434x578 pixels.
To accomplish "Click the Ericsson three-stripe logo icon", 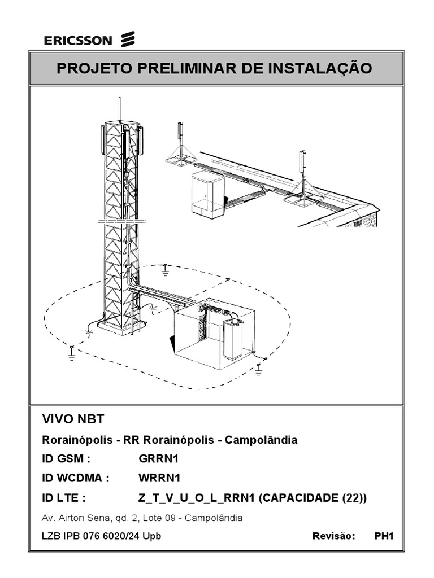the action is pyautogui.click(x=128, y=40).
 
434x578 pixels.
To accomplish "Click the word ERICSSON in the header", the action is pyautogui.click(x=79, y=40).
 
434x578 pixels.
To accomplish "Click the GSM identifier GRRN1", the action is pyautogui.click(x=159, y=459).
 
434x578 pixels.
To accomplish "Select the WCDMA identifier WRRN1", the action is pyautogui.click(x=159, y=479).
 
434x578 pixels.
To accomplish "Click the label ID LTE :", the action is pyautogui.click(x=64, y=498).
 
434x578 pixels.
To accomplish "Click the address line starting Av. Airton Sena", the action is pyautogui.click(x=142, y=518).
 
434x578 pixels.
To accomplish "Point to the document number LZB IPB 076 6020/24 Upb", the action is pyautogui.click(x=101, y=536).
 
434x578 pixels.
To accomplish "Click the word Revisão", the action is pyautogui.click(x=333, y=536).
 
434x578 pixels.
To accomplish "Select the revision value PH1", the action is pyautogui.click(x=383, y=536).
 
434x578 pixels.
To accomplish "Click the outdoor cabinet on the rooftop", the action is pyautogui.click(x=207, y=194).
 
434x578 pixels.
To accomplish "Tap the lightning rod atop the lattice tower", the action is pyautogui.click(x=120, y=108).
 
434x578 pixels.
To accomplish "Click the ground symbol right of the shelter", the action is pyautogui.click(x=259, y=368).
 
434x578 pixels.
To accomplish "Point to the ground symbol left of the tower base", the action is pyautogui.click(x=72, y=353).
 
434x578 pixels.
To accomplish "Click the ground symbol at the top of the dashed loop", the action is pyautogui.click(x=165, y=270).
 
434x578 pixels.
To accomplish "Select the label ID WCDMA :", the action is pyautogui.click(x=75, y=479).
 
